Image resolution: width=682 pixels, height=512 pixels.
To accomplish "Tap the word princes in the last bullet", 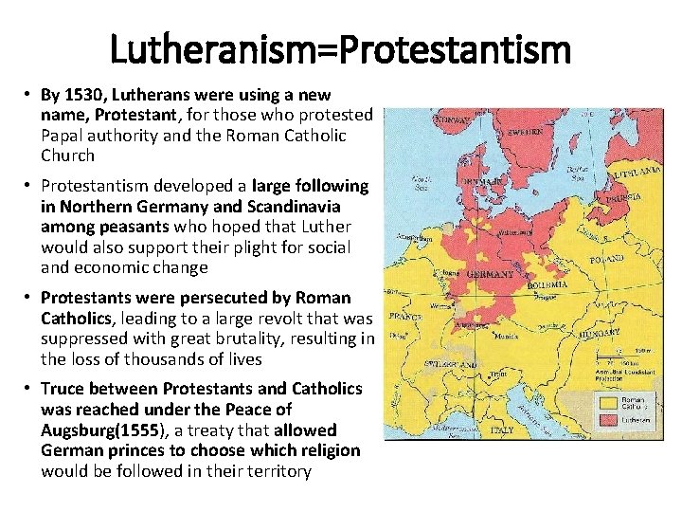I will [x=135, y=449].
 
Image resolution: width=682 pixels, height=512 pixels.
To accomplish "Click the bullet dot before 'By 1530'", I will [x=29, y=94].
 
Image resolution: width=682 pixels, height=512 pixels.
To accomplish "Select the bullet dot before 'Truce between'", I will [x=29, y=389].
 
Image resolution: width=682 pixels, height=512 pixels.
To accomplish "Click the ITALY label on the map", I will [x=504, y=430].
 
